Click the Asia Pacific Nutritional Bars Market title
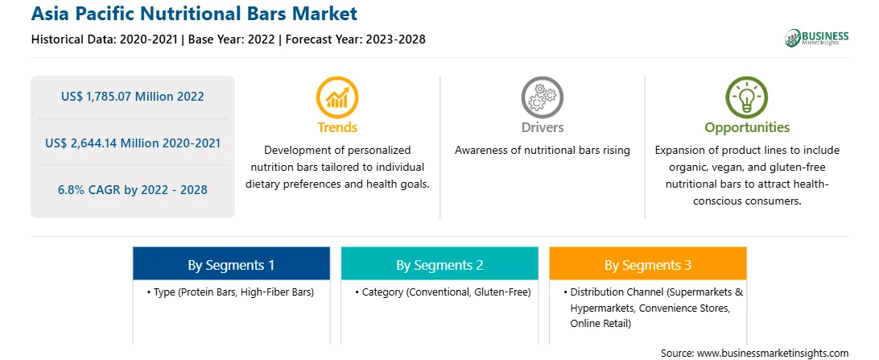[194, 14]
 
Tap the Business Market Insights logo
[817, 38]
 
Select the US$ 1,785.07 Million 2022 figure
[132, 97]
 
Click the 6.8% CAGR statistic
[132, 189]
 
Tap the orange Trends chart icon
[337, 97]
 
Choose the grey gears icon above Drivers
[542, 97]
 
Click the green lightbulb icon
[747, 97]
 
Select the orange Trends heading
[337, 127]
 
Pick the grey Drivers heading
[542, 127]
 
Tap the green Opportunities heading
[747, 128]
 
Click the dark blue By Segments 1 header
[232, 265]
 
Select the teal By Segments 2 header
[439, 265]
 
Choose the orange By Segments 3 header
[648, 265]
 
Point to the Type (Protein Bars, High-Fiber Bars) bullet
[230, 292]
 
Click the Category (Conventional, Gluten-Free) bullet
[442, 292]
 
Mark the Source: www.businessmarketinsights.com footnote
[754, 353]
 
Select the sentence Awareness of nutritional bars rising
[542, 151]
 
